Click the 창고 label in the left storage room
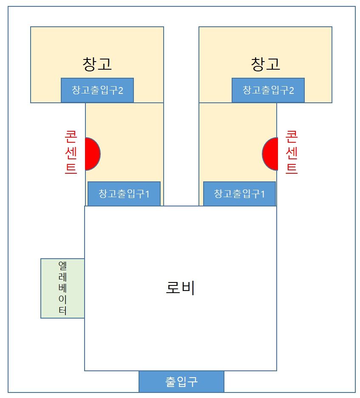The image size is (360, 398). tap(97, 64)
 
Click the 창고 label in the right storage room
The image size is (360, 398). tap(266, 64)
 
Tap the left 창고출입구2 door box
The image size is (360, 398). tap(97, 90)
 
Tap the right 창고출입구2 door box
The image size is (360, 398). tap(268, 90)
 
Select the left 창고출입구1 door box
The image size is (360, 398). tap(124, 194)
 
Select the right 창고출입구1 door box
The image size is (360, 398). tap(239, 194)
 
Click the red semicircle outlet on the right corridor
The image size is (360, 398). tap(270, 154)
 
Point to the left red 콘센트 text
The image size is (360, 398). tap(71, 152)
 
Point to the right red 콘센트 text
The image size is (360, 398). tap(292, 152)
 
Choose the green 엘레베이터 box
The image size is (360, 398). tap(62, 288)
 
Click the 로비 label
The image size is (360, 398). tap(180, 288)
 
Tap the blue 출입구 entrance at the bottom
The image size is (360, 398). tap(181, 381)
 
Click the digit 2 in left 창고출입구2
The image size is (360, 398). tap(121, 90)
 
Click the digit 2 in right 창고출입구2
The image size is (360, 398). tap(292, 90)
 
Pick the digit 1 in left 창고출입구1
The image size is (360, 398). tap(147, 194)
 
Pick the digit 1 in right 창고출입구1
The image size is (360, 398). tap(262, 194)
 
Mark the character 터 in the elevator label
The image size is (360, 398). tap(62, 310)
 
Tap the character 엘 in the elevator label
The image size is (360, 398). tap(62, 265)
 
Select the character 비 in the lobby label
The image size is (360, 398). tap(188, 288)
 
